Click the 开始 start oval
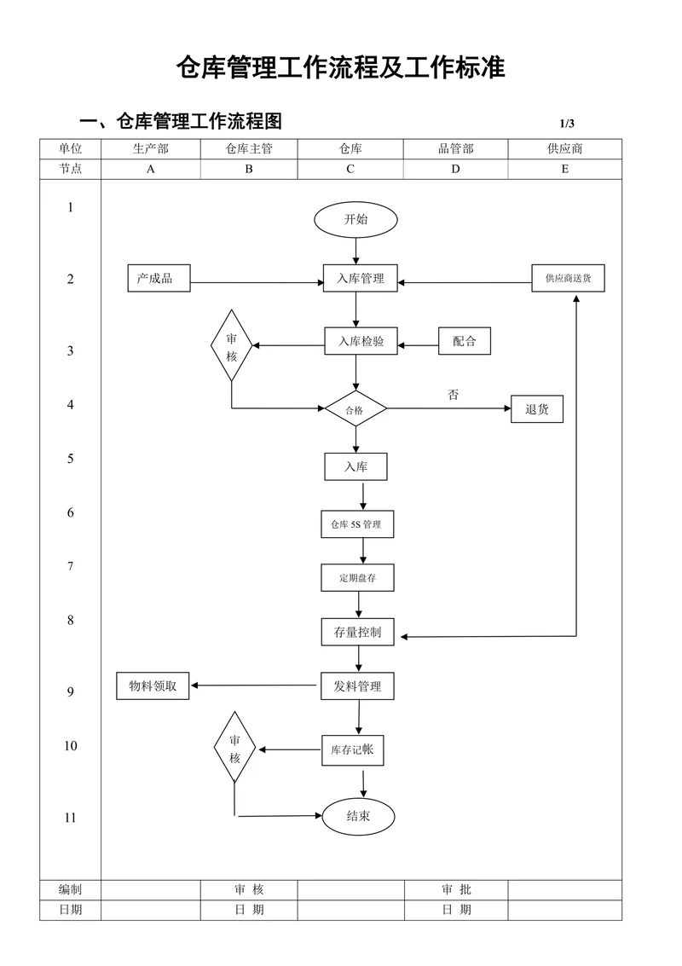(x=355, y=219)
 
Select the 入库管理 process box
(x=360, y=278)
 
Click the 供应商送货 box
(x=569, y=278)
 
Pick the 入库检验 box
(x=360, y=342)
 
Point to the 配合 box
(x=465, y=342)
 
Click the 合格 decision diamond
(x=355, y=410)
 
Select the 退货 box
(x=537, y=409)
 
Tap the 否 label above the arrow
(x=453, y=395)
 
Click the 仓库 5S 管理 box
(x=356, y=524)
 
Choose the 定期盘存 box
(x=357, y=577)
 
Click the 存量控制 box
(x=357, y=633)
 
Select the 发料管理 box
(x=357, y=686)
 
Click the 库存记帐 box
(x=352, y=750)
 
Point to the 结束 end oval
(x=358, y=816)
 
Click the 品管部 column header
(x=455, y=148)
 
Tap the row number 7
(x=71, y=566)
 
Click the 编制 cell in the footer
(x=71, y=889)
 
